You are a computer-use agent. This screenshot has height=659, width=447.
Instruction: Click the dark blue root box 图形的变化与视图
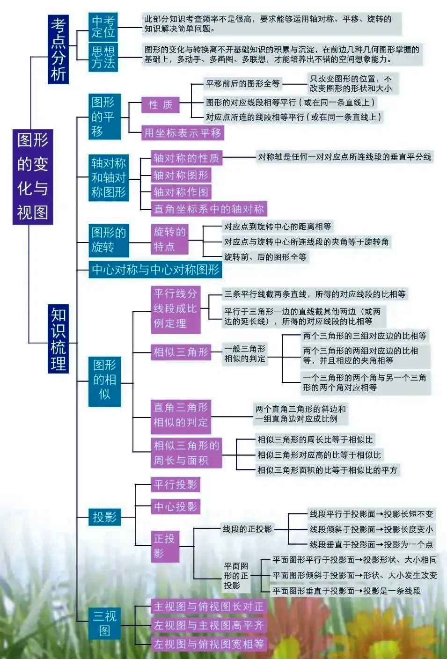33,177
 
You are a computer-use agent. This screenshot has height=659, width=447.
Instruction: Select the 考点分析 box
58,49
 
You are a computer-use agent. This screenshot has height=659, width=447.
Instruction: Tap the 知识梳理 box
58,338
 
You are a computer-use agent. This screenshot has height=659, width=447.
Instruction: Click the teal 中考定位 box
103,27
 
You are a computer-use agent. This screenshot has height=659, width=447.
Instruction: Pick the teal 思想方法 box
103,57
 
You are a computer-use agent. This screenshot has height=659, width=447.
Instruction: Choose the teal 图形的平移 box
104,117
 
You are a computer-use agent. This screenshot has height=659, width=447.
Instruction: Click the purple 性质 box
161,104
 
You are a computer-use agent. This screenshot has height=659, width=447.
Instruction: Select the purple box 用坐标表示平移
183,133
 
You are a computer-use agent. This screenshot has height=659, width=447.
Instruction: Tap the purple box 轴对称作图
181,192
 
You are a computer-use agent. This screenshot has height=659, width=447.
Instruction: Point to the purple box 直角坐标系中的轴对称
209,209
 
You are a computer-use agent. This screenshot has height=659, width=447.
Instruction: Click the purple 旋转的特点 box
169,239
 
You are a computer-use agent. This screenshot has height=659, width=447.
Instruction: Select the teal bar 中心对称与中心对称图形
155,269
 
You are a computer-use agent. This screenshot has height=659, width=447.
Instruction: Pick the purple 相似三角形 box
181,352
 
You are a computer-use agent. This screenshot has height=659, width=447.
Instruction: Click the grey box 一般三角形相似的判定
245,354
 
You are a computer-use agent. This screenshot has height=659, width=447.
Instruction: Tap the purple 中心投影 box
176,506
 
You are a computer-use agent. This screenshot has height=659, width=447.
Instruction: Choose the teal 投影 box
104,517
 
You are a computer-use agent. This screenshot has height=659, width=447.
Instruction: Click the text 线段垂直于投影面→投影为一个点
371,544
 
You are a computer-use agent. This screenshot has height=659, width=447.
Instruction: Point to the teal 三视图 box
104,623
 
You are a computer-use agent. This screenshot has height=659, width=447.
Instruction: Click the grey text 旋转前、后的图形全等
265,257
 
